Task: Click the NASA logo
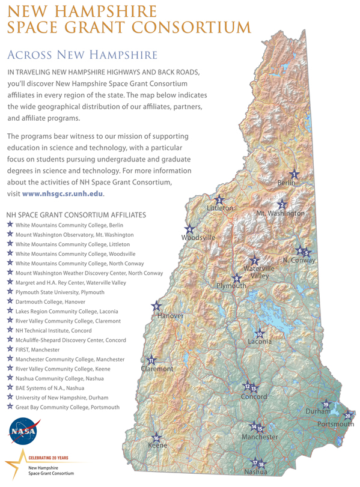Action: [22, 431]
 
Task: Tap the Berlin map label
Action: [288, 183]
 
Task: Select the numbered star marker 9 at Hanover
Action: [157, 306]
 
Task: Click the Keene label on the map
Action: [157, 446]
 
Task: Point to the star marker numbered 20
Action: [347, 416]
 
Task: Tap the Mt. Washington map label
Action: [280, 213]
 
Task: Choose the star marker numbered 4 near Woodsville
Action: [189, 229]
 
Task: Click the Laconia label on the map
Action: [260, 342]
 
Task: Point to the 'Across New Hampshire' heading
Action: [82, 55]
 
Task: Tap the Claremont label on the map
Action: [157, 369]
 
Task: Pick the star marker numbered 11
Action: [152, 361]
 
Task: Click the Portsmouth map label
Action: [335, 424]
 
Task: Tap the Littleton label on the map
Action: [219, 208]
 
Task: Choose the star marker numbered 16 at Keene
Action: [157, 437]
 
